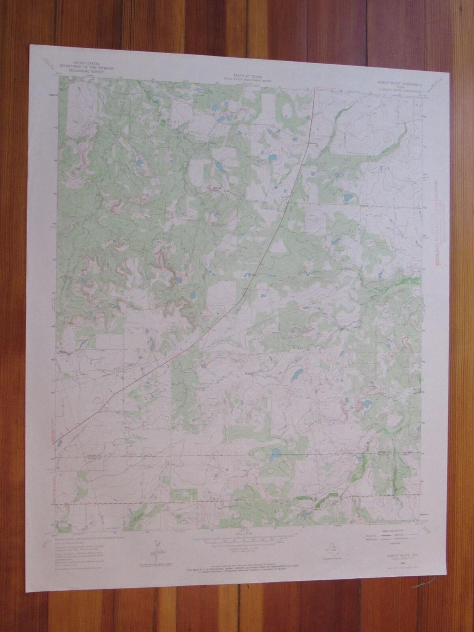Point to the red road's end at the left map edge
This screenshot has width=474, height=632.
tap(54, 444)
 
